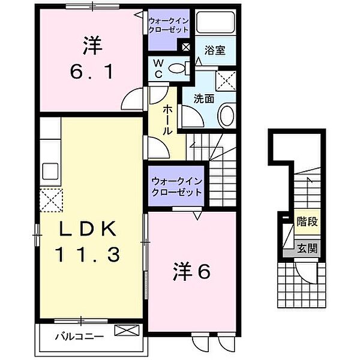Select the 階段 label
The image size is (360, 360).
(x=306, y=221)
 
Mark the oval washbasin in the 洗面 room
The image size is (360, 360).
(x=226, y=115)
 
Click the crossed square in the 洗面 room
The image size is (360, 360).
(x=225, y=79)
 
